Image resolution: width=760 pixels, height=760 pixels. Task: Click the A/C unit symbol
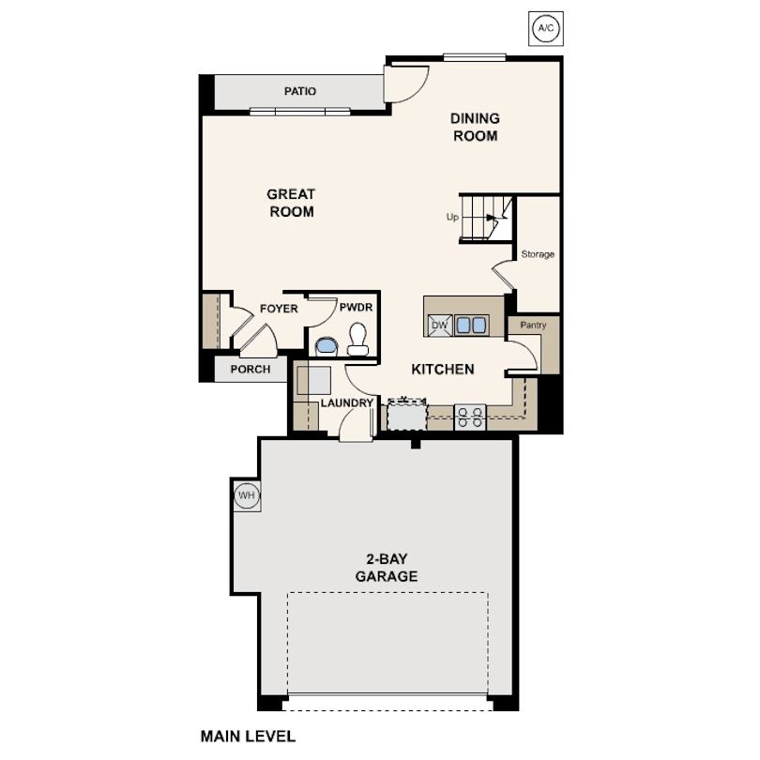pyautogui.click(x=546, y=28)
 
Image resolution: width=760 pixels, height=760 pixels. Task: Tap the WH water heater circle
pyautogui.click(x=247, y=495)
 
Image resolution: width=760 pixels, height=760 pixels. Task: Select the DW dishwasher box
pyautogui.click(x=440, y=326)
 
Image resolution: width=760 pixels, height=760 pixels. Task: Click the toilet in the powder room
pyautogui.click(x=357, y=340)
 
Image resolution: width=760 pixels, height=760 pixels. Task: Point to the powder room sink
pyautogui.click(x=327, y=347)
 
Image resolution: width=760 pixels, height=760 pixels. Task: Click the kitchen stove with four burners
pyautogui.click(x=470, y=418)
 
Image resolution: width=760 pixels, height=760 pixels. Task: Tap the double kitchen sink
pyautogui.click(x=471, y=326)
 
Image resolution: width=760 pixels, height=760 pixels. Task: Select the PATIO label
pyautogui.click(x=300, y=91)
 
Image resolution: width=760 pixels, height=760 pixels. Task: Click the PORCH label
pyautogui.click(x=251, y=370)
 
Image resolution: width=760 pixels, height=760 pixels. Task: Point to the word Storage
pyautogui.click(x=538, y=254)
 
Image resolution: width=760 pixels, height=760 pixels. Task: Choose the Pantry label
pyautogui.click(x=533, y=325)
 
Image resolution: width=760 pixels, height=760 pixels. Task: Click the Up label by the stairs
pyautogui.click(x=452, y=217)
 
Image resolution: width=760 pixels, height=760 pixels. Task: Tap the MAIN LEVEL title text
pyautogui.click(x=248, y=737)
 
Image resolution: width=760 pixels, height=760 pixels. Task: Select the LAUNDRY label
pyautogui.click(x=347, y=403)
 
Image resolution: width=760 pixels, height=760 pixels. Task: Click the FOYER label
pyautogui.click(x=279, y=309)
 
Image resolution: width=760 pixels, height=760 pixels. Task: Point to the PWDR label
pyautogui.click(x=356, y=308)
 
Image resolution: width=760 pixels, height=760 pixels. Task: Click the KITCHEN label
pyautogui.click(x=443, y=370)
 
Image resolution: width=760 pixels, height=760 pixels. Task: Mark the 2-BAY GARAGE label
pyautogui.click(x=387, y=568)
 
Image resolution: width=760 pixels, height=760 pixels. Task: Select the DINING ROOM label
pyautogui.click(x=475, y=127)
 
